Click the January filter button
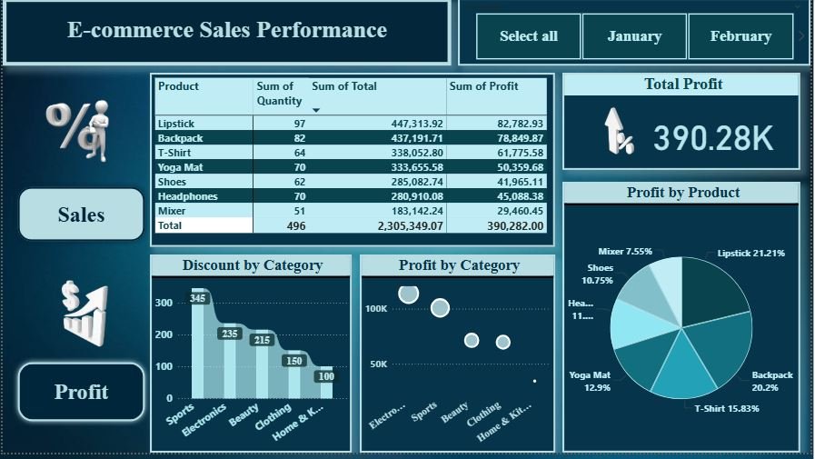click(x=634, y=36)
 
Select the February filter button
click(x=740, y=36)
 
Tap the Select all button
click(x=528, y=36)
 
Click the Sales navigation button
click(x=82, y=215)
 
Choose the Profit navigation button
click(x=81, y=392)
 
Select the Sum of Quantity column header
click(x=279, y=94)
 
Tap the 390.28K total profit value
click(x=713, y=138)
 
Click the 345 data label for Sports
click(x=198, y=298)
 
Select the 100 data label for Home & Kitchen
click(x=325, y=376)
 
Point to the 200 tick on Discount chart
click(x=164, y=334)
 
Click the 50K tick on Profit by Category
click(x=376, y=364)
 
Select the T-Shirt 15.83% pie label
click(x=726, y=408)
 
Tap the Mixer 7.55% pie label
click(x=625, y=252)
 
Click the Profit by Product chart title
click(x=682, y=193)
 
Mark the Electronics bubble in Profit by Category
click(x=409, y=294)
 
